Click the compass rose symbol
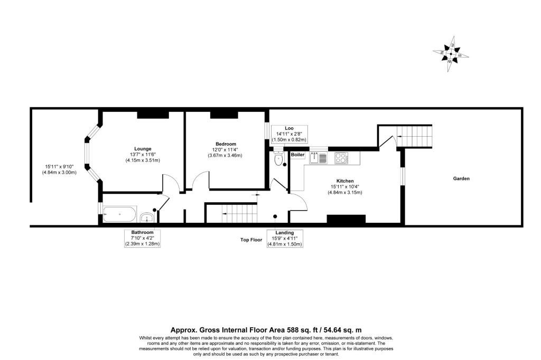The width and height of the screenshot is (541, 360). click(x=451, y=54)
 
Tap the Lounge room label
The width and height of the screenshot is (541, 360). click(x=142, y=148)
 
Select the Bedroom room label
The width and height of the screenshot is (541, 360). click(x=226, y=144)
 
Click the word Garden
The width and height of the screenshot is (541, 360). click(x=461, y=178)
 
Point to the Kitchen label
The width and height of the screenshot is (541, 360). click(x=344, y=181)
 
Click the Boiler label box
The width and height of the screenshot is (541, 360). click(x=298, y=155)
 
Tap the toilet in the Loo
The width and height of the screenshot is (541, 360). click(x=279, y=159)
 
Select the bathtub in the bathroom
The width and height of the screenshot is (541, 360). click(x=119, y=215)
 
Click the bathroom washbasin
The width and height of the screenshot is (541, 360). click(x=147, y=216)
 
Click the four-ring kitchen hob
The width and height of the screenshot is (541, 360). click(x=341, y=157)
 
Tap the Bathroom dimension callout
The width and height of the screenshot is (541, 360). click(x=143, y=238)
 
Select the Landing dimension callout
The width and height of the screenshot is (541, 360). click(x=284, y=238)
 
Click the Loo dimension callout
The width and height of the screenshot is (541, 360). click(x=289, y=134)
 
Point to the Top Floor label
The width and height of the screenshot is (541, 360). click(x=251, y=240)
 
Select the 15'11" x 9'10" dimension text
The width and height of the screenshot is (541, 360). click(x=60, y=169)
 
